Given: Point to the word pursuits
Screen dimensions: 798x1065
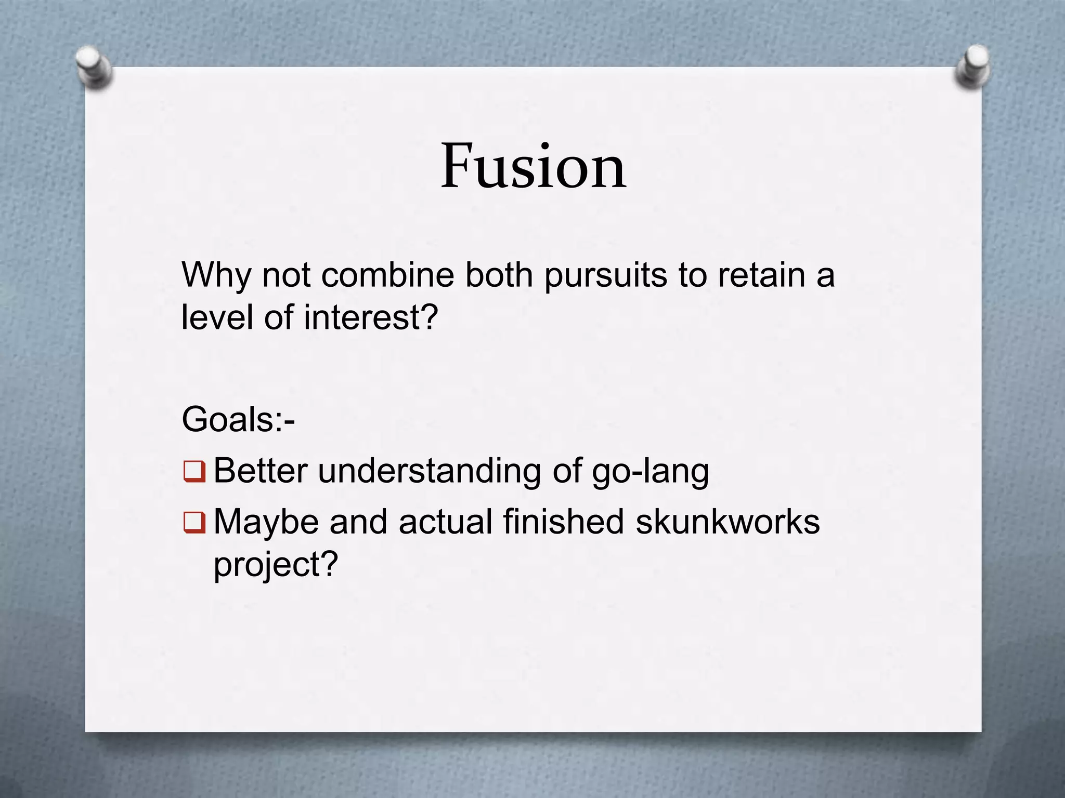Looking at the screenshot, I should pos(605,275).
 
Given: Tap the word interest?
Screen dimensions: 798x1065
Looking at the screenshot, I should pos(371,317).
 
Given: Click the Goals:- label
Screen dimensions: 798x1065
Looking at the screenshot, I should pos(238,419).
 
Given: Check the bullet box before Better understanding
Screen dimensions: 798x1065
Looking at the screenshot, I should pos(194,472).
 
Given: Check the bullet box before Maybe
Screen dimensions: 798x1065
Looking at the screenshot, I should pos(194,523).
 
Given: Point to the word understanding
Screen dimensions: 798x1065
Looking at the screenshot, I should pos(430,471).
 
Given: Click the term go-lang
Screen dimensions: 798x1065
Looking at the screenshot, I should pos(650,471).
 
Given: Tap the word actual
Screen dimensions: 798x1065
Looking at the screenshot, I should pos(445,521).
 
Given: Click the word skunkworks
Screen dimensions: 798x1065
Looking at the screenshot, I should pos(728,521).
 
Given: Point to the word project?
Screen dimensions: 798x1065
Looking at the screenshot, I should pos(276,564).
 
